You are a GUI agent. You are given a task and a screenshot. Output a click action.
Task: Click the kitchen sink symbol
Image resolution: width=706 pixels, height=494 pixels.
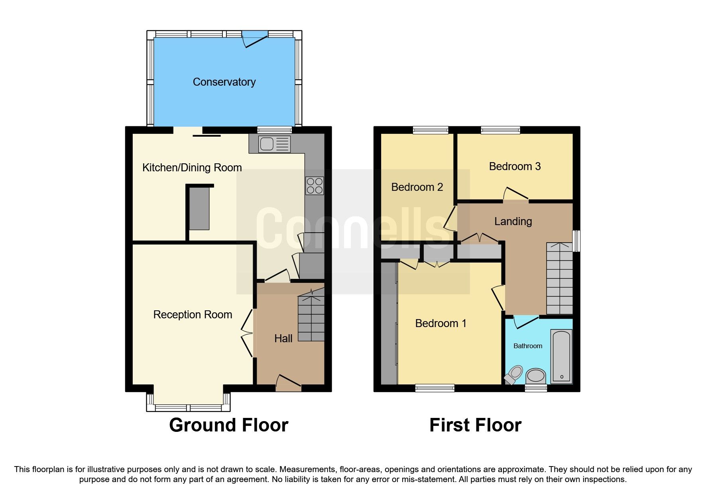point(274,144)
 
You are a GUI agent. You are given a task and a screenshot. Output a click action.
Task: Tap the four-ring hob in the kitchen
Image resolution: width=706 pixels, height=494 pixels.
point(315,186)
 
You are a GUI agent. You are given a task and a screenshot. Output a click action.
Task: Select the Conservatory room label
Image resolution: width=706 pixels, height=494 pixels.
point(224,82)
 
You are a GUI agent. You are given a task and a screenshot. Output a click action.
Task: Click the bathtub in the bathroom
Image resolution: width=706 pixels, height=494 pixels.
point(561,356)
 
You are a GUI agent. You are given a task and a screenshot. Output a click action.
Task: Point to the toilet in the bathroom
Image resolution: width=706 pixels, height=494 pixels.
point(514,375)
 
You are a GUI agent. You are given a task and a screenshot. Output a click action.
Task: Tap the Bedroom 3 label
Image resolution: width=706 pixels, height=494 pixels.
point(515,167)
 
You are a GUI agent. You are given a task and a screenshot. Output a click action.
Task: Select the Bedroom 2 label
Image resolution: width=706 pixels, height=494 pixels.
point(417,187)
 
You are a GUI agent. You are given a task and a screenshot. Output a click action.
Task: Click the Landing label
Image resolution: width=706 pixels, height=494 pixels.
point(513,222)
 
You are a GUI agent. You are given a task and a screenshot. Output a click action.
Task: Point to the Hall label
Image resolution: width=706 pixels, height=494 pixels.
point(283,339)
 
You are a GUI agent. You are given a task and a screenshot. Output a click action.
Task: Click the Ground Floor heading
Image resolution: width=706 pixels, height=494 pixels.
point(228,425)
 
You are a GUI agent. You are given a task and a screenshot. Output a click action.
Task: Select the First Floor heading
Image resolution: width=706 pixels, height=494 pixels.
point(475,425)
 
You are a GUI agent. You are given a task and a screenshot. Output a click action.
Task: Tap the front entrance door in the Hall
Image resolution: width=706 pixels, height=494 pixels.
point(288,382)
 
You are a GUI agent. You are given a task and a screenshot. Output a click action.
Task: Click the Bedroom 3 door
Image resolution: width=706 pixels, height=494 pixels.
point(515,195)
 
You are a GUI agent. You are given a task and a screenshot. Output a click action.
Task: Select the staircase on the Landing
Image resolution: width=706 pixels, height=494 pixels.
point(559,278)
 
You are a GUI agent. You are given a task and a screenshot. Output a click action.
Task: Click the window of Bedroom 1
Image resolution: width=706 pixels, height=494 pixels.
point(435,388)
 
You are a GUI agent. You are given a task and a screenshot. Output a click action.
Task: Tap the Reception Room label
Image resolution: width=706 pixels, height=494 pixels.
point(193,315)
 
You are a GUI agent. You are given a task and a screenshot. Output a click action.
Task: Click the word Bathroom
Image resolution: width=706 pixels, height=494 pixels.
point(527,346)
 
